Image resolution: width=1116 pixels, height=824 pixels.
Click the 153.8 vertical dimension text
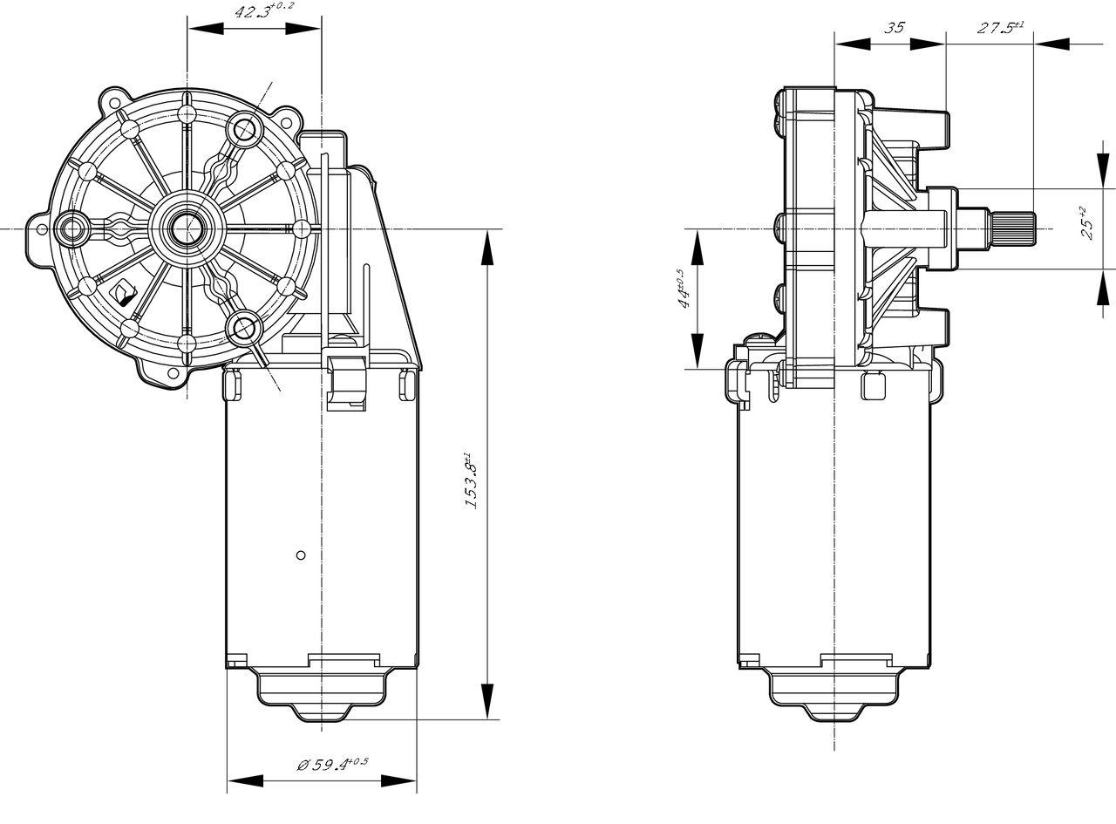pos(470,480)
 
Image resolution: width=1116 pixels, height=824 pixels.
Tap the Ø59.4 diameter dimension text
pos(332,765)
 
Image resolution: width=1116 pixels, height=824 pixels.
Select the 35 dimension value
pos(894,27)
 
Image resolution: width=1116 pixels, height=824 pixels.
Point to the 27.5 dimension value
pos(999,27)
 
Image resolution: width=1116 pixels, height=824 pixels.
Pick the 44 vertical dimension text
pos(682,289)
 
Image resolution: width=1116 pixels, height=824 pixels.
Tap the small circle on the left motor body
pos(300,555)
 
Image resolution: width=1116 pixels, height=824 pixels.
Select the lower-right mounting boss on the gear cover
pos(243,328)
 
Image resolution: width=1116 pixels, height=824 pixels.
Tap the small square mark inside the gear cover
pos(125,288)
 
